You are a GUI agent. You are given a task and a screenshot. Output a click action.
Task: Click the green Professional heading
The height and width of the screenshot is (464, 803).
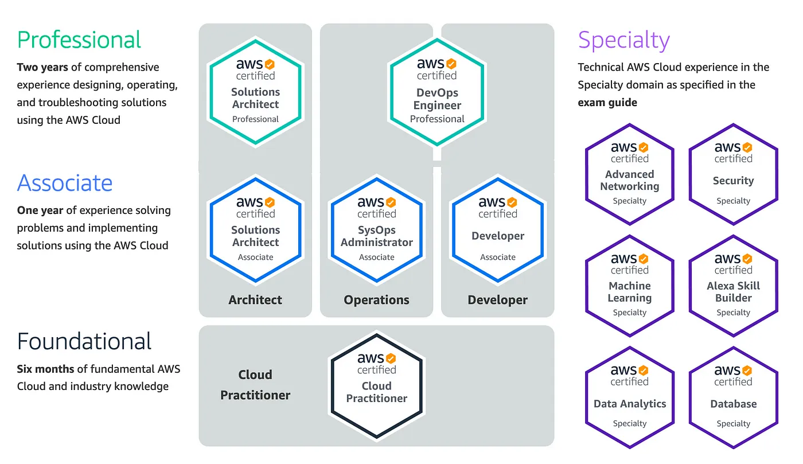(79, 40)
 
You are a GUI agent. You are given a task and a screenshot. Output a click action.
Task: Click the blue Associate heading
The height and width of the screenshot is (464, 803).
(65, 183)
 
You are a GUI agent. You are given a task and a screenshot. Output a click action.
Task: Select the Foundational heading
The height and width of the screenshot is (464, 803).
(84, 341)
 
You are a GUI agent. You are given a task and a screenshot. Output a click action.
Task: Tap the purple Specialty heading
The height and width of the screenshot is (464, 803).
(623, 40)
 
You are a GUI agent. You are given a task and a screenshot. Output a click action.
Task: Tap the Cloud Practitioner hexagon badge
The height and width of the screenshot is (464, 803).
(376, 385)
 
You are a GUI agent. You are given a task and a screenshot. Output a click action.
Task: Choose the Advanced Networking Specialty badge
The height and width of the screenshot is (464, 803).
(629, 174)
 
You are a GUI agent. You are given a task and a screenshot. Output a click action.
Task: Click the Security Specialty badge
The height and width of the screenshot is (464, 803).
(733, 174)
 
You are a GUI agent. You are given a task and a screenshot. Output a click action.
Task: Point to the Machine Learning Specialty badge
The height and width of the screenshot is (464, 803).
(629, 285)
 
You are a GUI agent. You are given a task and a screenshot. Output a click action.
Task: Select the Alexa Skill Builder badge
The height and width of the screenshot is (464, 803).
(733, 285)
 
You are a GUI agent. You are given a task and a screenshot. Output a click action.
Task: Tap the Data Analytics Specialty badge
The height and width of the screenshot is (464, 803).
(629, 397)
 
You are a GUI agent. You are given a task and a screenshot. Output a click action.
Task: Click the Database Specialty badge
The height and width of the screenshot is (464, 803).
(733, 397)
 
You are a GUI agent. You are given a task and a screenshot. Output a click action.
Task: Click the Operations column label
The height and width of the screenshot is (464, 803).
(376, 300)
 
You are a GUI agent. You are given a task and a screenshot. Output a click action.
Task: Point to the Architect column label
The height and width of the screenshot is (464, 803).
(255, 300)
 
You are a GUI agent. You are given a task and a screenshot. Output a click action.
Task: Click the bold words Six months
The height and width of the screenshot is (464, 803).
(41, 369)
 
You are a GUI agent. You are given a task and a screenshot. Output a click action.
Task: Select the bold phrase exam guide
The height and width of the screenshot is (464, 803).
(607, 103)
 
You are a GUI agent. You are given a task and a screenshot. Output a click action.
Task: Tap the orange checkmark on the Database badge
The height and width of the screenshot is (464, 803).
(747, 370)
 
